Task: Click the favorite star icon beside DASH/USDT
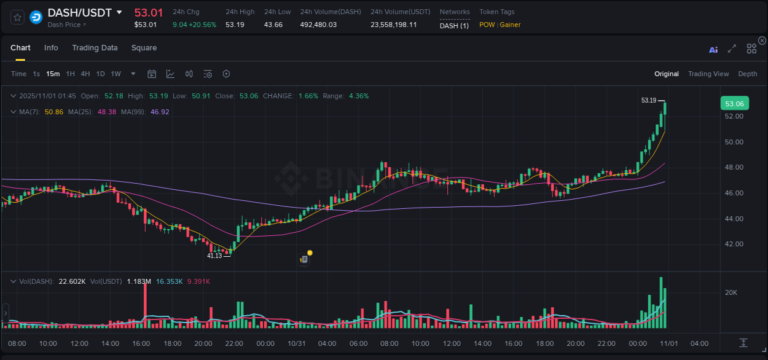point(17,17)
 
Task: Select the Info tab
point(51,48)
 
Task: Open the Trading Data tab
point(95,48)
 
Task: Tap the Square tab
point(144,48)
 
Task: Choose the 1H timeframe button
point(70,74)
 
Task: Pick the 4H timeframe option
point(85,74)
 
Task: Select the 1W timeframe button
point(116,74)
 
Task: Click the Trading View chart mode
point(708,74)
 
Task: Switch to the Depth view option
point(748,74)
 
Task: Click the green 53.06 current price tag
point(734,104)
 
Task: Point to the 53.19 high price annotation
point(649,100)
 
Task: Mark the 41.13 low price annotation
point(214,256)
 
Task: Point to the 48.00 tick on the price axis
point(734,167)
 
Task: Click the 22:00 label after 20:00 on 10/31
point(606,343)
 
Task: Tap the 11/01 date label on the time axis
point(669,343)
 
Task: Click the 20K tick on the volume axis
point(731,292)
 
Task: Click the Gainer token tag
point(511,25)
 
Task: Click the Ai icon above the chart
point(713,49)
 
